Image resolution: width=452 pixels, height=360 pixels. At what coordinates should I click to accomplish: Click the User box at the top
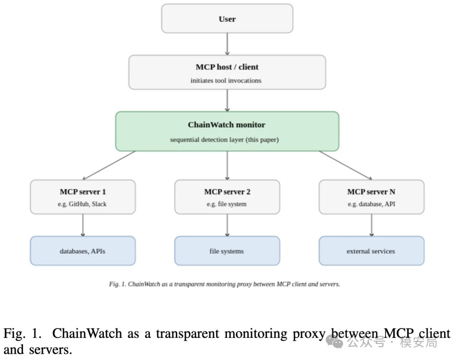(227, 18)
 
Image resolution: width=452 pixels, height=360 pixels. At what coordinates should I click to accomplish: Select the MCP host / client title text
(227, 67)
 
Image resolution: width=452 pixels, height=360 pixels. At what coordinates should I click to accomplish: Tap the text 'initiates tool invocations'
(226, 81)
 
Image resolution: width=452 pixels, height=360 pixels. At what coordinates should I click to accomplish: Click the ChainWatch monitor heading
(226, 125)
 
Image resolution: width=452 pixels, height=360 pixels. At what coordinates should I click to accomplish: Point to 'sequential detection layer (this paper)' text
(224, 140)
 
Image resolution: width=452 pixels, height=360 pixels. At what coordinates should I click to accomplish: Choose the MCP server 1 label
(83, 192)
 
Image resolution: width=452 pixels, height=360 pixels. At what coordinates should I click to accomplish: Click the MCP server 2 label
(227, 192)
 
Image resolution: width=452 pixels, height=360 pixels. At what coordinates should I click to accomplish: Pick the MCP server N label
(371, 192)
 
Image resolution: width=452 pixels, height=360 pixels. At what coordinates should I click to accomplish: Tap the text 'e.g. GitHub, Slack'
(82, 204)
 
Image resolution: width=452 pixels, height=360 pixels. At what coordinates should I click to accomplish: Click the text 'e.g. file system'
(226, 204)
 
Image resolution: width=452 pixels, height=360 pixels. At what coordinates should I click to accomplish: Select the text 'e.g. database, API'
(371, 204)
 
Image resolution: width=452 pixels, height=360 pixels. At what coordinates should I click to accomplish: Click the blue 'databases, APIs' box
(83, 251)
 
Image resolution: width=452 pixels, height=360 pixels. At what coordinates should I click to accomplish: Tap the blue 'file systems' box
(227, 251)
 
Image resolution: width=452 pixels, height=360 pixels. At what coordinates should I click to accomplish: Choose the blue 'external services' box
(372, 251)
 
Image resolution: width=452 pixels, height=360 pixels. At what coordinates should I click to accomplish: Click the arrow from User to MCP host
(227, 44)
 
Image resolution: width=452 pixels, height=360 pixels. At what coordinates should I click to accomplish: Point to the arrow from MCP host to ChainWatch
(227, 100)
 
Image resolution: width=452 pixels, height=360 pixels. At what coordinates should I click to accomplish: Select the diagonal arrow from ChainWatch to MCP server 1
(109, 165)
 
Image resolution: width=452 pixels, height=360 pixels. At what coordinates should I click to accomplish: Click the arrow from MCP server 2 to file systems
(227, 225)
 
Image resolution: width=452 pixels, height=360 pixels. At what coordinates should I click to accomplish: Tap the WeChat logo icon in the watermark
(334, 342)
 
